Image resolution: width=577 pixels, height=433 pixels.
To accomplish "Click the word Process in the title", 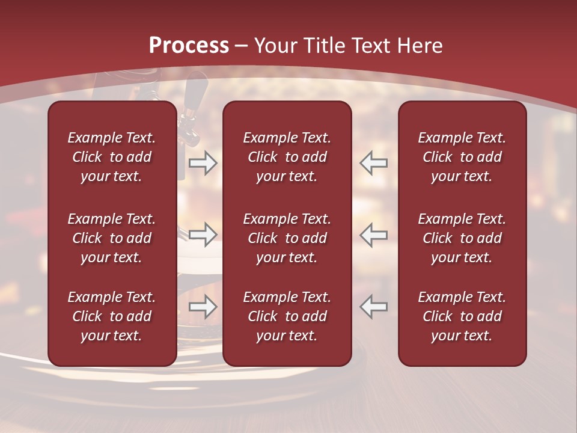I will point(189,46).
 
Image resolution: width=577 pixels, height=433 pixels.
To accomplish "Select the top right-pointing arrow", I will point(203,163).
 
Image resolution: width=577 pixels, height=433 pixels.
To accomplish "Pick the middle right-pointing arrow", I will point(203,234).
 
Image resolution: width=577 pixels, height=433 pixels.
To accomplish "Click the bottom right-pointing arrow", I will point(203,307).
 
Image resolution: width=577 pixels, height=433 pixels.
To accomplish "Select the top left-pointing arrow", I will point(374,163).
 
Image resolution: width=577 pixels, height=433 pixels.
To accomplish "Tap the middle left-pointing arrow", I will point(374,234).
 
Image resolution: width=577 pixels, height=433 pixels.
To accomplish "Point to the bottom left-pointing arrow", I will point(374,307).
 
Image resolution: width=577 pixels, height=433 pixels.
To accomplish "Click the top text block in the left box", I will point(112,157).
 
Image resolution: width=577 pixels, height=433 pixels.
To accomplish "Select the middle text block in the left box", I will point(112,238).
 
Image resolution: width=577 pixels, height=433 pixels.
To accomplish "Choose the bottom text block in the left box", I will point(112,316).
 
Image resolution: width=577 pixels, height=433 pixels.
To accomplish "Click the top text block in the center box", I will point(287,157).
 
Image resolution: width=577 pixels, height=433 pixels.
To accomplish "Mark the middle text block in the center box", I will point(287,238).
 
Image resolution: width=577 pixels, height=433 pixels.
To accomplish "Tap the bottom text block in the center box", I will point(287,316).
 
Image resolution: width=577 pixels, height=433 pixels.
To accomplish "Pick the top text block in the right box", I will point(462,157).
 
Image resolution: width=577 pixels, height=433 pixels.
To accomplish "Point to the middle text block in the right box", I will point(462,238).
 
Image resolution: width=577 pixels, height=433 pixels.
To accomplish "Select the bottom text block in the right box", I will point(462,316).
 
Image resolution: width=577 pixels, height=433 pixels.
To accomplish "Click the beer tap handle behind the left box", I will point(195,96).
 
